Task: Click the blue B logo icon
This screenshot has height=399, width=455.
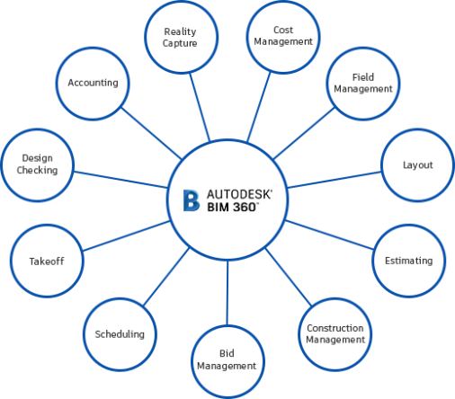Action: coord(192,200)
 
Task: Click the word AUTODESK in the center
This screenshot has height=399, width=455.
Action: coord(239,194)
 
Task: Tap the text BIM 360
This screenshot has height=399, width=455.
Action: coord(233,207)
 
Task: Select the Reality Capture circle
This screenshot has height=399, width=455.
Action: coord(181,37)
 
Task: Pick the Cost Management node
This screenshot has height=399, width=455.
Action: coord(283,37)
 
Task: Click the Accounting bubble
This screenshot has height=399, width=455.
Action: coord(93,84)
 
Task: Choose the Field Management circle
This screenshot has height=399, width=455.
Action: coord(363,84)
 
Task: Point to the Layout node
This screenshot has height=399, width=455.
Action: coord(418,165)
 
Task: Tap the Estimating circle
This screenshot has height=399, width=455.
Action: coord(409,261)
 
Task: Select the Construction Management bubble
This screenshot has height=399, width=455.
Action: coord(335,334)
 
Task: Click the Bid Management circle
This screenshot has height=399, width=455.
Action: coord(227,361)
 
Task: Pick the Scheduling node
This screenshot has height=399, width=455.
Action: coord(120,334)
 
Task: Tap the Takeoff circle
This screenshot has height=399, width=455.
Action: coord(47,261)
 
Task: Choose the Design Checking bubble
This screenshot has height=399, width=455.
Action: coord(38,165)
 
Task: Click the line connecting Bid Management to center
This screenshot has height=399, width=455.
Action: coord(227,293)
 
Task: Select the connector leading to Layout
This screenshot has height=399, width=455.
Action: coord(335,180)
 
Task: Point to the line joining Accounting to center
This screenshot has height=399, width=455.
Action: coord(151,133)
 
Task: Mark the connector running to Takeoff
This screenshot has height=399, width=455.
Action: coord(126,235)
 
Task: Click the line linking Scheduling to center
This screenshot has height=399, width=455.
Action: coord(166,277)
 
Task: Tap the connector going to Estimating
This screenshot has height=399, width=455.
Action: coord(329,235)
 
